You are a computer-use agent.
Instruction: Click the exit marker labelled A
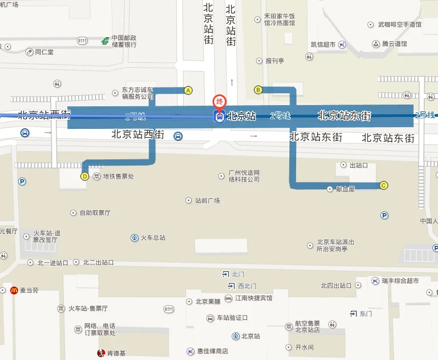189,90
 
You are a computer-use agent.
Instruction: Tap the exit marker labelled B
258,89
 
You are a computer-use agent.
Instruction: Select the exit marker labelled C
384,185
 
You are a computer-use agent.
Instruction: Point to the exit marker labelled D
85,176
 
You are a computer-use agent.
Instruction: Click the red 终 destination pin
219,102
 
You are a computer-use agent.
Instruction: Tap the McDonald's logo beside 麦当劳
14,290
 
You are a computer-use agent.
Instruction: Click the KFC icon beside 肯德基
101,353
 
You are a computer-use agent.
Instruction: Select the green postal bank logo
105,41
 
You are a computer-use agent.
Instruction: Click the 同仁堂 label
44,51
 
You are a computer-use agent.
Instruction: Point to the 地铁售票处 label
118,176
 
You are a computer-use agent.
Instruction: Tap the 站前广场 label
207,201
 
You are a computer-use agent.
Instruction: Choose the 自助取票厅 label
94,213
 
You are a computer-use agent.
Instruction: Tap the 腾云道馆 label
394,44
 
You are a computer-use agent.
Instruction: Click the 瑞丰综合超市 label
400,281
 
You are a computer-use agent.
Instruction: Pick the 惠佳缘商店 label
212,351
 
